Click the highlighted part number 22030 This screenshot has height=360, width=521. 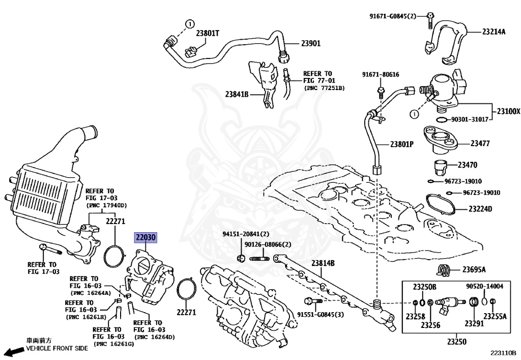pos(145,238)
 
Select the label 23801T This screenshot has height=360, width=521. pos(208,33)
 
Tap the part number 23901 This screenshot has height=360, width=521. pos(311,43)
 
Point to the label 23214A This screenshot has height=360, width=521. pos(494,32)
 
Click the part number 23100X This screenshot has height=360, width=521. pos(508,112)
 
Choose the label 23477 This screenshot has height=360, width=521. pos(480,143)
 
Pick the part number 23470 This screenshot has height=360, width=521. pos(468,165)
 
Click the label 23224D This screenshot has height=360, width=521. pos(480,209)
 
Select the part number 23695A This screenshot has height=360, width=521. pos(474,269)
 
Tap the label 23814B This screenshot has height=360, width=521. pos(323,263)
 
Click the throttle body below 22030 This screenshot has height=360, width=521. pos(150,276)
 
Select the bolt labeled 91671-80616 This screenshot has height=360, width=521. pos(380,92)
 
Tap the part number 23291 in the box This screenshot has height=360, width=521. pos(474,323)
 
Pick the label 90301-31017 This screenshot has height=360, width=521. pos(470,119)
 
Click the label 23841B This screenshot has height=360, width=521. pos(237,94)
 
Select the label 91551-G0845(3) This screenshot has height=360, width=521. pos(321,315)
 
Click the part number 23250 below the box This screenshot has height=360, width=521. pos(456,341)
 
